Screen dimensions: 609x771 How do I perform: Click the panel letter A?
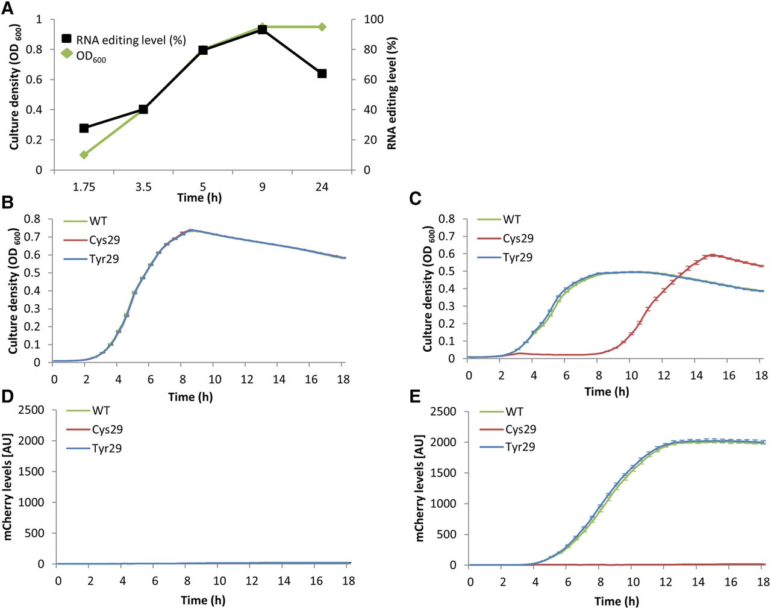pos(8,8)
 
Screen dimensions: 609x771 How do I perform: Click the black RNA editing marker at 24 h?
pos(322,73)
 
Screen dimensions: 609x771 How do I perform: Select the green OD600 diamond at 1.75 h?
pos(84,155)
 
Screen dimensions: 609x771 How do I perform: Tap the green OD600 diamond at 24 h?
pos(322,27)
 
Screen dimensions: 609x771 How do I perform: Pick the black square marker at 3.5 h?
pos(143,109)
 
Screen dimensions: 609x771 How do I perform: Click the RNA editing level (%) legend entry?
pos(130,40)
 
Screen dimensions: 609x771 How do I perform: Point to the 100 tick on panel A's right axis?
pos(373,19)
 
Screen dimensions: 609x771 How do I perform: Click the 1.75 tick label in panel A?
pos(84,187)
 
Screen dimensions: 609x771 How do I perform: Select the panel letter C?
pos(415,199)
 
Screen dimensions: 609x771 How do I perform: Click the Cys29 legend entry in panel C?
pos(518,239)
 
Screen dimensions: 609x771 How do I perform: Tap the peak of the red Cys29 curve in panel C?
pos(712,255)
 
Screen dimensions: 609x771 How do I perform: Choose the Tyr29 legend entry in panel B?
pos(104,258)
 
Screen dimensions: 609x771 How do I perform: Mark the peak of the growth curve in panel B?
pos(190,230)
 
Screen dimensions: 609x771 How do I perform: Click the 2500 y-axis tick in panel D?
pos(32,410)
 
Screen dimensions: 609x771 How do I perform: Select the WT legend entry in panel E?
pos(514,411)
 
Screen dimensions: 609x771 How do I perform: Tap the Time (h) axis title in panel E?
pos(616,601)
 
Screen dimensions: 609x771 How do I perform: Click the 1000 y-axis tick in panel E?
pos(445,504)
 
